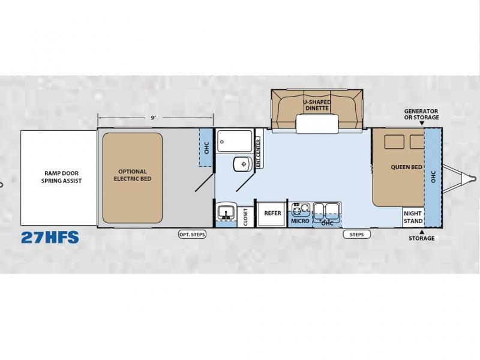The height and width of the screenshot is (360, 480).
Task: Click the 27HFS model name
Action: (x=50, y=237)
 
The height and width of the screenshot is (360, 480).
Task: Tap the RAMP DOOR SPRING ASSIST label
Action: (x=62, y=177)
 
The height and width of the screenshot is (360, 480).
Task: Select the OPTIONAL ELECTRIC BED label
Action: (x=133, y=175)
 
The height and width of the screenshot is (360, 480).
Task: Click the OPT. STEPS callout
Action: (x=192, y=235)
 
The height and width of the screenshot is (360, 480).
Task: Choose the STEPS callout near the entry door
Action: (x=356, y=235)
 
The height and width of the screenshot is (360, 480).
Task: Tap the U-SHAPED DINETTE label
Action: (x=317, y=105)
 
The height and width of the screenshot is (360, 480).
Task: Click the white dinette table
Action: (x=317, y=124)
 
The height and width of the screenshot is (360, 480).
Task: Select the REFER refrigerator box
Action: (x=272, y=213)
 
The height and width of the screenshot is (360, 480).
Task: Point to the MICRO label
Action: (x=300, y=221)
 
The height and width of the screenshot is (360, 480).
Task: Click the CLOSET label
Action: (x=245, y=217)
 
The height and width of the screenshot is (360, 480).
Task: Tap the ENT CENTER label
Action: (x=258, y=153)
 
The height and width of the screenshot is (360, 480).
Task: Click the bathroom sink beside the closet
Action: (x=226, y=212)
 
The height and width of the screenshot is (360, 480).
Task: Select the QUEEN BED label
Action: (x=407, y=167)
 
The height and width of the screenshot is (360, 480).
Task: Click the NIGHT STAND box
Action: (x=413, y=217)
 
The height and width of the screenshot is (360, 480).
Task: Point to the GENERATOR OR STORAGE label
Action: (x=421, y=114)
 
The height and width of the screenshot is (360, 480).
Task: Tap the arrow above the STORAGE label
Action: (x=422, y=232)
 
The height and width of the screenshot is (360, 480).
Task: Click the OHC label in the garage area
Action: (x=206, y=148)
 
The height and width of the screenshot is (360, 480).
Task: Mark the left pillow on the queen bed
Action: (x=395, y=142)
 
